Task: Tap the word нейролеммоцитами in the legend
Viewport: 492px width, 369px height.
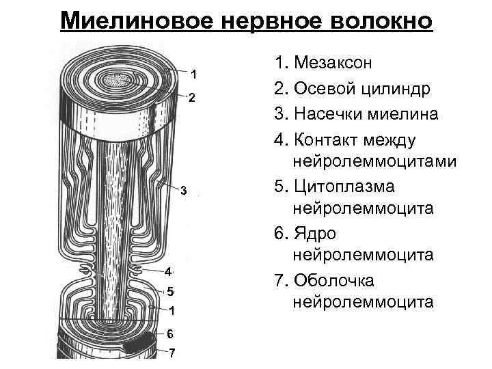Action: pyautogui.click(x=374, y=161)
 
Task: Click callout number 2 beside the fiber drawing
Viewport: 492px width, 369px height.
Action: pyautogui.click(x=192, y=98)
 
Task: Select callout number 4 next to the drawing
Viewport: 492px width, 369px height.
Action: pyautogui.click(x=167, y=271)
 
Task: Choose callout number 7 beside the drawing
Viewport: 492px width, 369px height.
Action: pyautogui.click(x=172, y=353)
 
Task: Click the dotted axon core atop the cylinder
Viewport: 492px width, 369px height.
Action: pyautogui.click(x=118, y=81)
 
